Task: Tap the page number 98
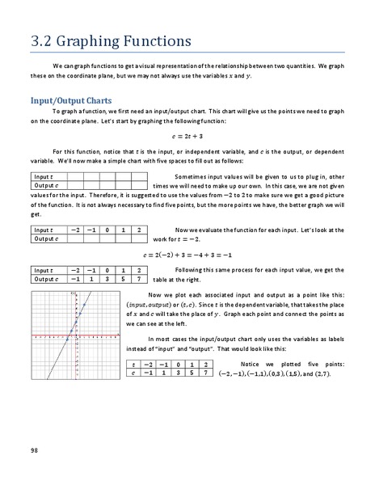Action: point(34,449)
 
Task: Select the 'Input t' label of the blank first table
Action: point(44,176)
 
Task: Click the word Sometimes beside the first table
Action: point(192,176)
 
